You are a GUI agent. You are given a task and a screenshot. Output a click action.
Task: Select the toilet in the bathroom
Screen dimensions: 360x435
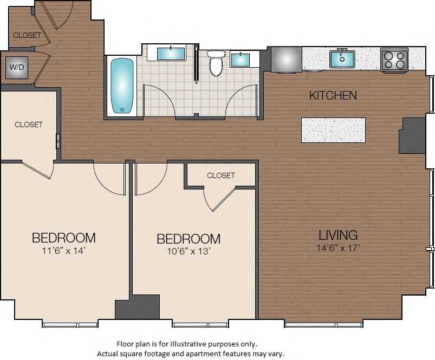point(216,63)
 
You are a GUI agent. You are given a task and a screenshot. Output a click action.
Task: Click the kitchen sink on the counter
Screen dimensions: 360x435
point(342,58)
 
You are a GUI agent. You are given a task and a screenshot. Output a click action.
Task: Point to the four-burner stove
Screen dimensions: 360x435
point(394,60)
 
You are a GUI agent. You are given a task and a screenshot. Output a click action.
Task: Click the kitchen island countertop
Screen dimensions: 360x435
point(333,130)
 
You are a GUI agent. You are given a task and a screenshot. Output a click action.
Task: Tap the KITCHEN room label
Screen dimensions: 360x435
point(333,95)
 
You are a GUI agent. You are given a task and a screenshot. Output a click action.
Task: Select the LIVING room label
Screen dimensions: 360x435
point(338,235)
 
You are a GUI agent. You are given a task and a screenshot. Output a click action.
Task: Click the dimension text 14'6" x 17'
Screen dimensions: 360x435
point(338,247)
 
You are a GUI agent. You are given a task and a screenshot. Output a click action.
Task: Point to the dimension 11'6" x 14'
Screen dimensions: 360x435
point(63,251)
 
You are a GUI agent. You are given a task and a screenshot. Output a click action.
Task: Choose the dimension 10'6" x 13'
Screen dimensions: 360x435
point(188,251)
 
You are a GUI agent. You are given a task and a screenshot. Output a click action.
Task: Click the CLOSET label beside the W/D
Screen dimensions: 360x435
point(27,35)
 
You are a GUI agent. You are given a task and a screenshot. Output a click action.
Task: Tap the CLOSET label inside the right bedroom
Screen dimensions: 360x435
point(221,175)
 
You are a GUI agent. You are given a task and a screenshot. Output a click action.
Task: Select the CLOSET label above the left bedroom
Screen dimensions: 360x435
point(29,125)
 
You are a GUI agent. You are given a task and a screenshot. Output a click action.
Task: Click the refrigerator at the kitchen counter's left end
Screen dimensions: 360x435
point(286,59)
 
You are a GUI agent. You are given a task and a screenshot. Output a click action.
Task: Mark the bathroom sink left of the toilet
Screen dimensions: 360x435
point(171,53)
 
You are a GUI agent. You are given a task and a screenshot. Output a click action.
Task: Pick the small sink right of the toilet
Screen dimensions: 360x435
point(240,59)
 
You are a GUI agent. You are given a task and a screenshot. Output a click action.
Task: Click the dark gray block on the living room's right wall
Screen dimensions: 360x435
point(412,135)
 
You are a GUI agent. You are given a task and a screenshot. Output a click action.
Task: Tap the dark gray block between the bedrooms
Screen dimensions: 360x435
point(138,306)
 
